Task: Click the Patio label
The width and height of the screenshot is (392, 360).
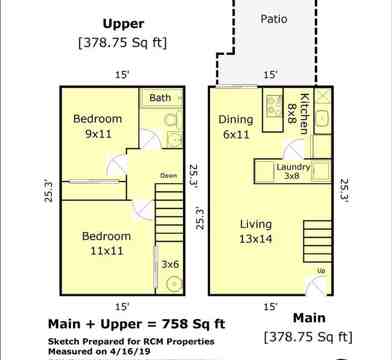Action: click(x=274, y=19)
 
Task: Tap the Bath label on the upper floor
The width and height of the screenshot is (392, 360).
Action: click(x=160, y=98)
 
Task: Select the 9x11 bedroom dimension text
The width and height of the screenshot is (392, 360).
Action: click(x=98, y=134)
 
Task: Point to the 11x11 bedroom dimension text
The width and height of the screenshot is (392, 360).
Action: click(x=107, y=250)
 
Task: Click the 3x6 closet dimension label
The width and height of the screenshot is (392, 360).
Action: click(x=170, y=264)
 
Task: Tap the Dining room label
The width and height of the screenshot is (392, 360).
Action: click(x=236, y=119)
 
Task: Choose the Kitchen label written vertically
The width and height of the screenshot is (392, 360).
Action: click(x=304, y=113)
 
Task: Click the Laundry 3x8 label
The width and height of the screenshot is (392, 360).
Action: click(x=293, y=171)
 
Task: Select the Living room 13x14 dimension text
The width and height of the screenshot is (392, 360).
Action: click(x=256, y=239)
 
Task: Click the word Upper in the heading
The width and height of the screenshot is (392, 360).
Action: click(x=123, y=24)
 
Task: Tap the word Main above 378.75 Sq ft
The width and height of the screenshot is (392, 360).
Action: click(x=309, y=318)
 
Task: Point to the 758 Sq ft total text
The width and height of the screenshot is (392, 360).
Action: click(x=193, y=324)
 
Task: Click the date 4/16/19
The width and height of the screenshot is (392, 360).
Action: click(x=129, y=351)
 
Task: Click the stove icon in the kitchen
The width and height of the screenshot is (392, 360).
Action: click(x=273, y=104)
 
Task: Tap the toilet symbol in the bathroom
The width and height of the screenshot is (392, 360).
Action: click(x=172, y=120)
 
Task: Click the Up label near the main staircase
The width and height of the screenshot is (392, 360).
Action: click(x=321, y=271)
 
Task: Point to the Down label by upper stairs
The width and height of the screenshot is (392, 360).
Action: click(x=168, y=176)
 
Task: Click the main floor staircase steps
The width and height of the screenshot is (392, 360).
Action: click(x=317, y=241)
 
